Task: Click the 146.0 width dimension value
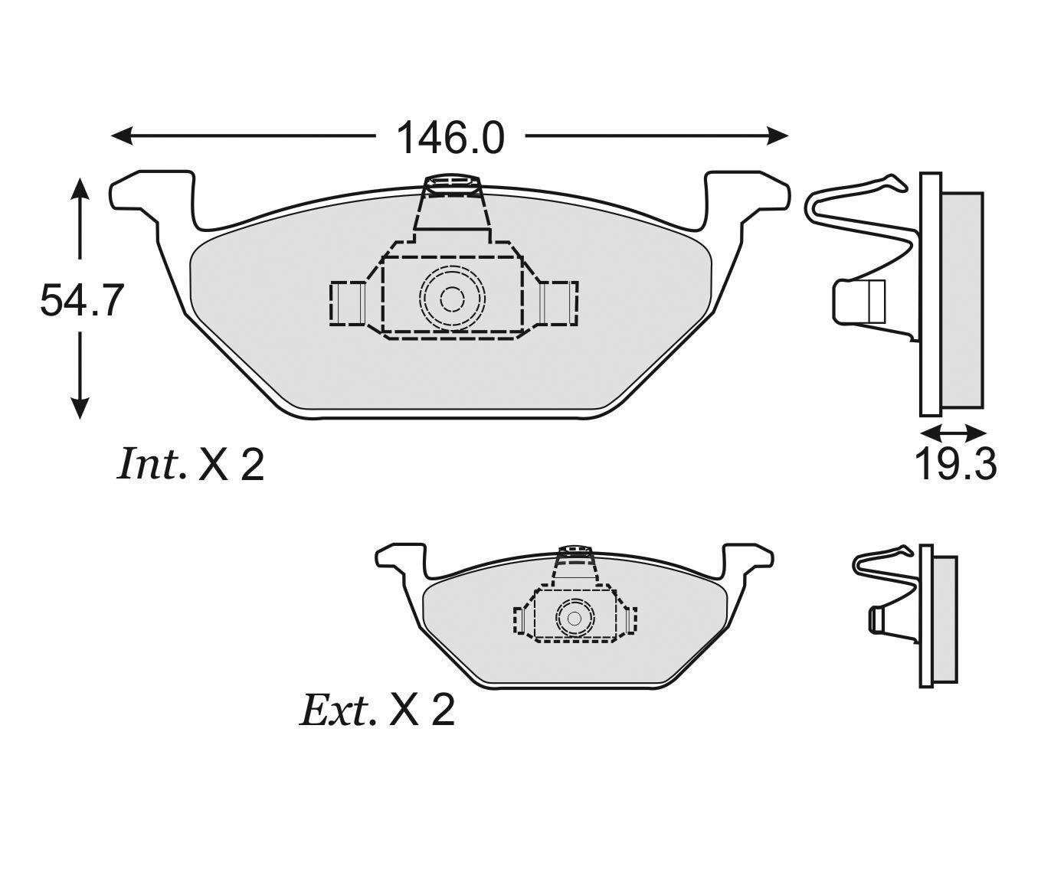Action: [450, 138]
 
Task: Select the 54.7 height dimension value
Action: [81, 300]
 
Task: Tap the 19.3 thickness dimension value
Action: [956, 465]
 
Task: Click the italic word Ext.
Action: [337, 709]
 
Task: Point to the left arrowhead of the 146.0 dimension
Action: [122, 135]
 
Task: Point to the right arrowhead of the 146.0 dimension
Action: [777, 135]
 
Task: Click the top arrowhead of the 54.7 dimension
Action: [80, 191]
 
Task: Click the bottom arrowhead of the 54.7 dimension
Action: [80, 407]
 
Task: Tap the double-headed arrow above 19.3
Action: [953, 432]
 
